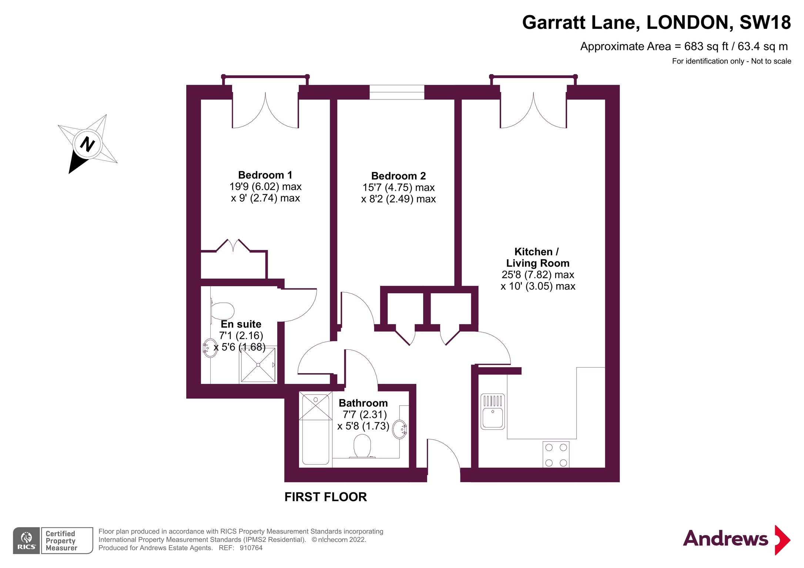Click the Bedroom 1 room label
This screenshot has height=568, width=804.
265,175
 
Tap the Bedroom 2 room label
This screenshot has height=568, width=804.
398,176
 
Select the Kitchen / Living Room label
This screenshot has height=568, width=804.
537,257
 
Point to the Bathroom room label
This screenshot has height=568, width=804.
363,403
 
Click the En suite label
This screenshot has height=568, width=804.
241,324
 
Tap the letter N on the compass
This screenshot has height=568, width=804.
87,144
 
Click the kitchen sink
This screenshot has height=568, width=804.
493,412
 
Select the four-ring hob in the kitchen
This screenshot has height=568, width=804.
556,454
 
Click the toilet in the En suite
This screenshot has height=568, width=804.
222,311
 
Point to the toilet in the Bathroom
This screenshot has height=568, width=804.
362,446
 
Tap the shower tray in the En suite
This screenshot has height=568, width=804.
258,365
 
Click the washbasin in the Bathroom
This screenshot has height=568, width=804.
399,429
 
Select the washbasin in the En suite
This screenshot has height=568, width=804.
210,348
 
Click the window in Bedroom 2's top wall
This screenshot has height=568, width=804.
397,92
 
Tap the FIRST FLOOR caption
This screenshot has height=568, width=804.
326,497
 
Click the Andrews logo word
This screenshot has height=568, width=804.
726,538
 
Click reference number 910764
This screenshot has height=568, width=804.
251,548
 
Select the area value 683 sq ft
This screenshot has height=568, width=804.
706,47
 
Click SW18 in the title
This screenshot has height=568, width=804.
765,23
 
